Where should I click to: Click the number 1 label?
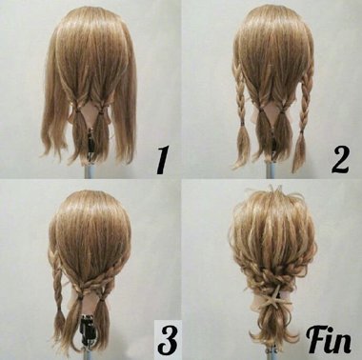click(x=162, y=160)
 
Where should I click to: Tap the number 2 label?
click(x=340, y=159)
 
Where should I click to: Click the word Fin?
click(x=329, y=341)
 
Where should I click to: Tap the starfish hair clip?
click(x=271, y=297)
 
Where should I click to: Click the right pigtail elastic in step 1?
click(x=101, y=111)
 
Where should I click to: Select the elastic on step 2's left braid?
click(x=243, y=123)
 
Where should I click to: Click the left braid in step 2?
click(x=241, y=92)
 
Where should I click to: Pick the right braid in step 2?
click(x=305, y=95)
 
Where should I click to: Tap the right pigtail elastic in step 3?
click(x=102, y=298)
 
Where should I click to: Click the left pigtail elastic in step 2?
click(x=261, y=110)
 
